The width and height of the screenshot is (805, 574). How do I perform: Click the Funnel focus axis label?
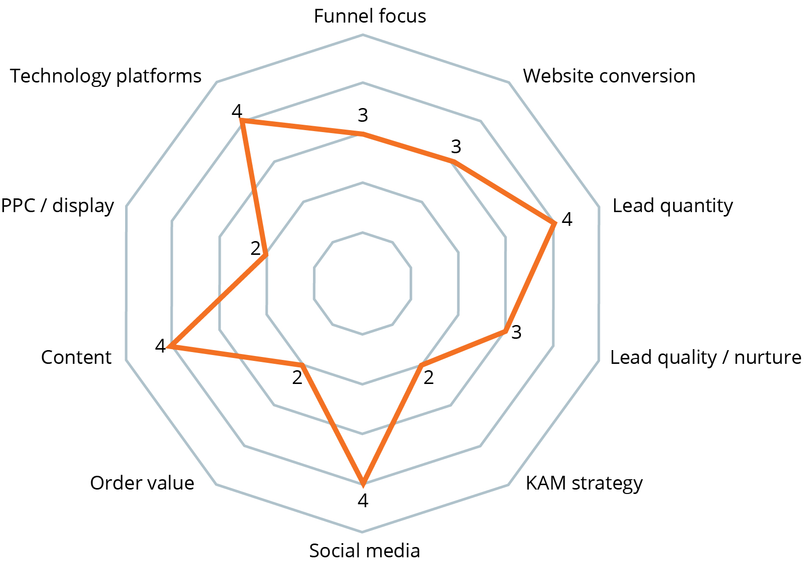coord(369,16)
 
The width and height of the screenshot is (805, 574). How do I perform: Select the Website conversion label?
coord(609,76)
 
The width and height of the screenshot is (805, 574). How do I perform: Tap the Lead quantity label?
coord(672,206)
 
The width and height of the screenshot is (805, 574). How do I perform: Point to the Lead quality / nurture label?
coord(705,357)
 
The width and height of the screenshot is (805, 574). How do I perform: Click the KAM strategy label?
coord(584,483)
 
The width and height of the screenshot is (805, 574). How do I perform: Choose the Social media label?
coord(364,551)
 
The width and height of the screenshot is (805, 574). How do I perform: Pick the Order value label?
coord(142,483)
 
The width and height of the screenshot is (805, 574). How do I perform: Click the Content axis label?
coord(76,357)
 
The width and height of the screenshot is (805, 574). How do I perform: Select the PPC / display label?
coord(57,206)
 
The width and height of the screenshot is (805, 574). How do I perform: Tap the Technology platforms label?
coord(106,76)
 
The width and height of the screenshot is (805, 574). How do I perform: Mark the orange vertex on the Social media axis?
coord(363,483)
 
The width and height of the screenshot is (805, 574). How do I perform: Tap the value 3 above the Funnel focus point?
coord(363,115)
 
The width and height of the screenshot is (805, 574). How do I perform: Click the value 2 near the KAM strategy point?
coord(428,378)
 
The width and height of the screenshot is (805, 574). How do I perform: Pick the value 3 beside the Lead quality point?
coord(516,332)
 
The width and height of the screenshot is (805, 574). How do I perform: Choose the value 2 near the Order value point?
coord(297,378)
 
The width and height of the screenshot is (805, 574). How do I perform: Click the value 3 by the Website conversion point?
coord(456,146)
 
